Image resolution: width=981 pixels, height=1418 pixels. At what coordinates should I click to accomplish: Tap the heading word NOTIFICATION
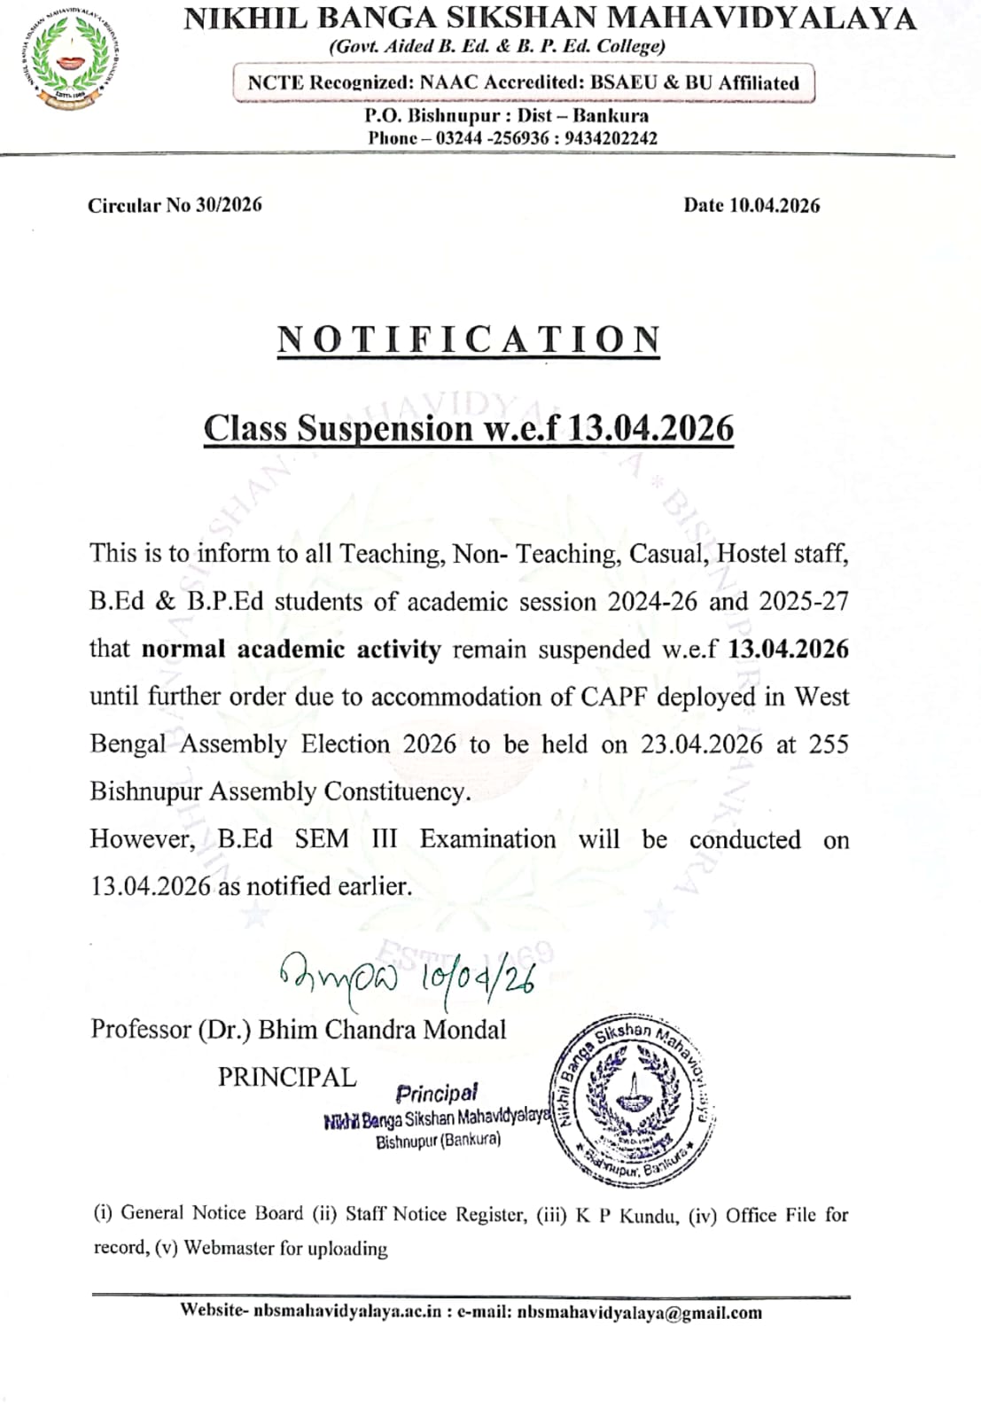469,339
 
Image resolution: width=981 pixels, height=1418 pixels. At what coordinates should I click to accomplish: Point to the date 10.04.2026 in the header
775,206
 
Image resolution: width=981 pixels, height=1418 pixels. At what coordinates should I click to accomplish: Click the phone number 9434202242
611,138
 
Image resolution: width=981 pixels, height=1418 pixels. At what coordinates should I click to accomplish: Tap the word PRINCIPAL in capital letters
287,1077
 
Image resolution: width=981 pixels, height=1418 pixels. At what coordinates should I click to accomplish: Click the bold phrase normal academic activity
291,650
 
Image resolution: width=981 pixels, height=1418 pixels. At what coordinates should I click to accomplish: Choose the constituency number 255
829,744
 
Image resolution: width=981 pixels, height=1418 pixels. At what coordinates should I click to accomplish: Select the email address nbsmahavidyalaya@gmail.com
639,1313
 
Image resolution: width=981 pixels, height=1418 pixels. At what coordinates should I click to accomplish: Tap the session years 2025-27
804,602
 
